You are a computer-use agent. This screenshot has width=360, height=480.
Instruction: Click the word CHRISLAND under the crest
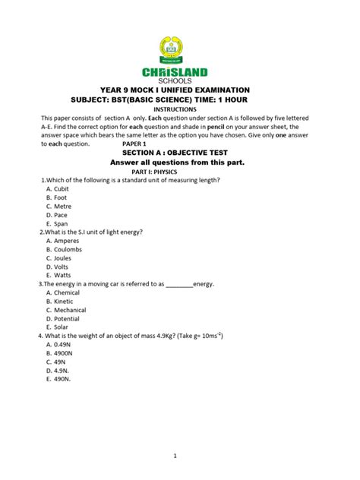(180, 72)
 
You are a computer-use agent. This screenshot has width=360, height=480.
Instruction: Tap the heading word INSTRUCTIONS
(180, 109)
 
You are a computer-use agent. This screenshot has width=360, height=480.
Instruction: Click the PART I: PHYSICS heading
(179, 171)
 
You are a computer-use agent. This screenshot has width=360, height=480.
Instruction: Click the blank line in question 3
(179, 285)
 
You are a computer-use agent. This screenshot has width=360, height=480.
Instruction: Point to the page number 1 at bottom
(175, 456)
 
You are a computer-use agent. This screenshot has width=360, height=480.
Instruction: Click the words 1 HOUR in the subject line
(248, 99)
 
